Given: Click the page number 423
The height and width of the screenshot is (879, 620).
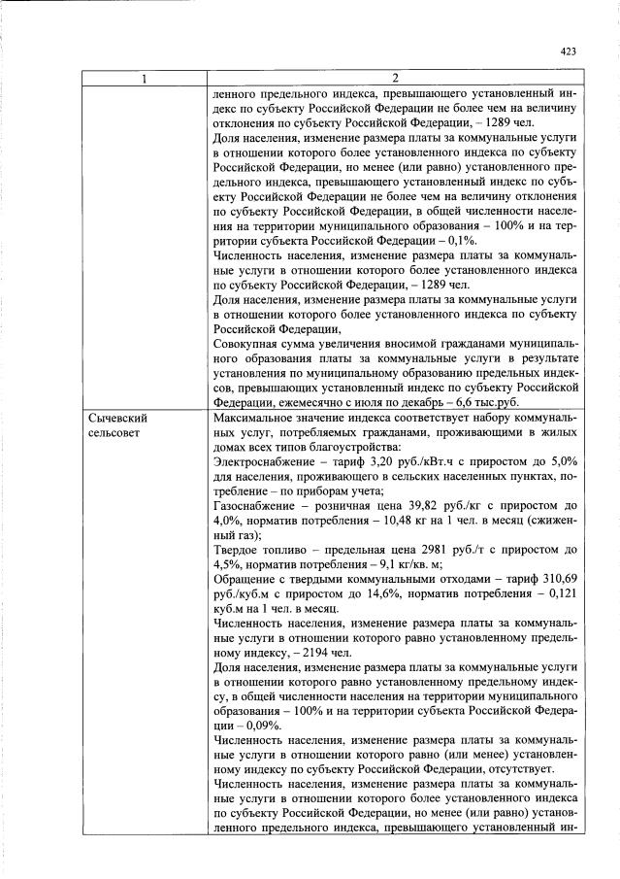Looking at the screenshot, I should (x=569, y=52).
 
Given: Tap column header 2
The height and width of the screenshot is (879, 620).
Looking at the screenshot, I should (x=395, y=78).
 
